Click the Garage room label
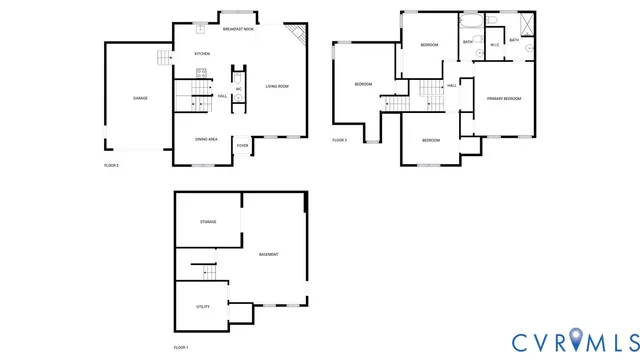[x=140, y=98]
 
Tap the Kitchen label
[x=202, y=53]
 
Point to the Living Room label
[x=277, y=87]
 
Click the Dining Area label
[x=207, y=139]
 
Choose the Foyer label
[x=242, y=146]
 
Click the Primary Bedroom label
[x=504, y=99]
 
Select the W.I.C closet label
[x=495, y=44]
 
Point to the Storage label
[x=208, y=221]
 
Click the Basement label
[x=268, y=255]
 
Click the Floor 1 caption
[x=181, y=346]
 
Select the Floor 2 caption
[x=111, y=165]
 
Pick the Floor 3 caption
[x=340, y=140]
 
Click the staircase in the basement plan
[x=203, y=271]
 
